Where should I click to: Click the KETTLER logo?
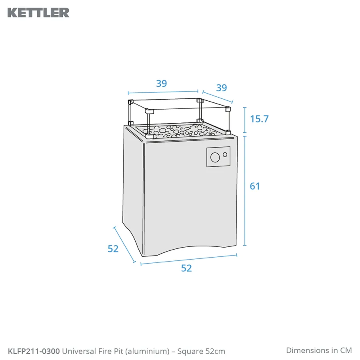click(x=38, y=13)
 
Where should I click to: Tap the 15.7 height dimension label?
click(x=259, y=119)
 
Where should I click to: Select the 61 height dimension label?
click(x=255, y=186)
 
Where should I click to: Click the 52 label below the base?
click(x=186, y=268)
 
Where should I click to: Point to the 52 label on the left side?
click(x=113, y=249)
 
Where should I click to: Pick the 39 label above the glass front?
click(x=162, y=83)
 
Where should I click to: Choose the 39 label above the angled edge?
click(x=222, y=88)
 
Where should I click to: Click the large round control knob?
click(x=215, y=158)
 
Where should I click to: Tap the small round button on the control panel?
click(x=225, y=154)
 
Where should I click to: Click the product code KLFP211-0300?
click(x=34, y=351)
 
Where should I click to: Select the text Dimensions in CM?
click(x=319, y=350)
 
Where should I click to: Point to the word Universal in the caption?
click(x=79, y=351)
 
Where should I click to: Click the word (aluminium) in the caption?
click(x=147, y=351)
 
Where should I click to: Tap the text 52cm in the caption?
click(x=215, y=351)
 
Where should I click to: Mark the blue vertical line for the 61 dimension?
click(x=245, y=191)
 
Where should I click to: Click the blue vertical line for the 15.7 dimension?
click(x=245, y=120)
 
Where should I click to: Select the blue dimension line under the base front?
click(x=189, y=260)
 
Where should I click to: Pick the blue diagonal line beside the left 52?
click(x=124, y=245)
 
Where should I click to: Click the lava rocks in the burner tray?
click(x=181, y=132)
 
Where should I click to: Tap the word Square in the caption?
click(x=190, y=352)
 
